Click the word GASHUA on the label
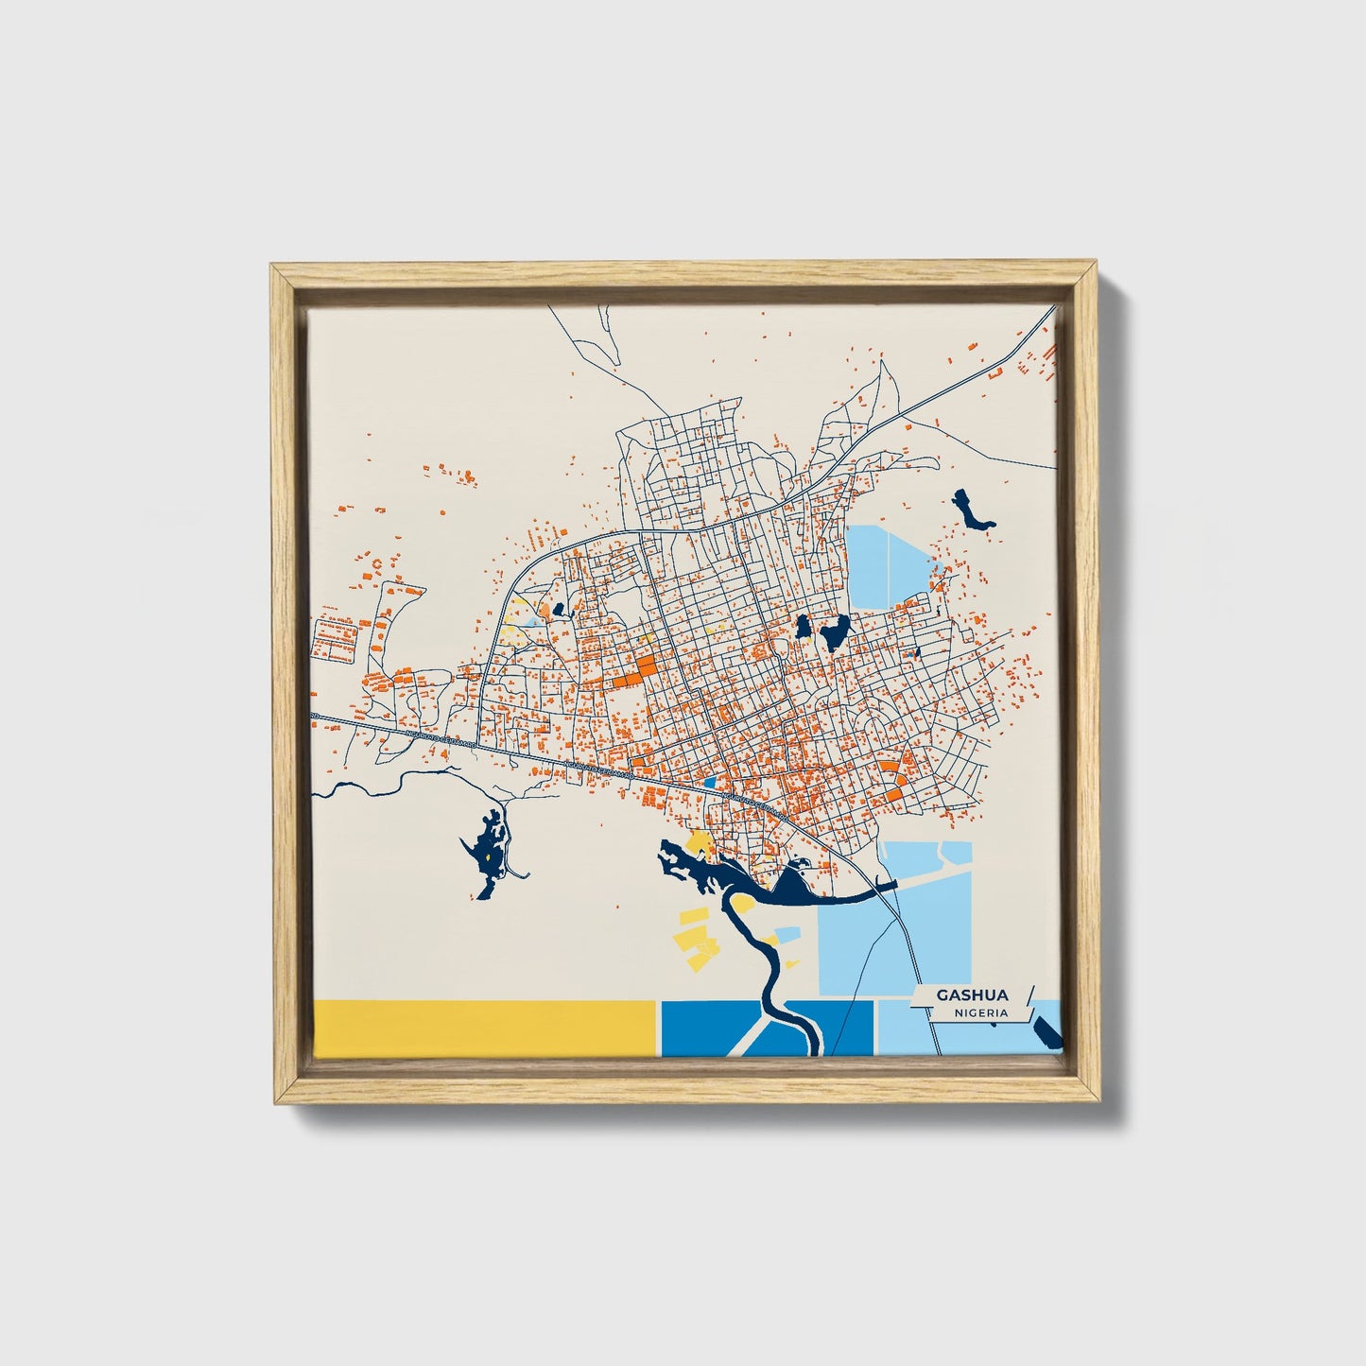pyautogui.click(x=972, y=995)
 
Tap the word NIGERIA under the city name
pyautogui.click(x=980, y=1012)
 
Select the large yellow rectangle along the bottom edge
pyautogui.click(x=483, y=1029)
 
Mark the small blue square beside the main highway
pyautogui.click(x=711, y=782)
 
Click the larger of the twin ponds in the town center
pyautogui.click(x=835, y=633)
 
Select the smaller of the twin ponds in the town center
pyautogui.click(x=803, y=627)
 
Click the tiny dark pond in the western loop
pyautogui.click(x=558, y=611)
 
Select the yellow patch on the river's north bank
pyautogui.click(x=700, y=841)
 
